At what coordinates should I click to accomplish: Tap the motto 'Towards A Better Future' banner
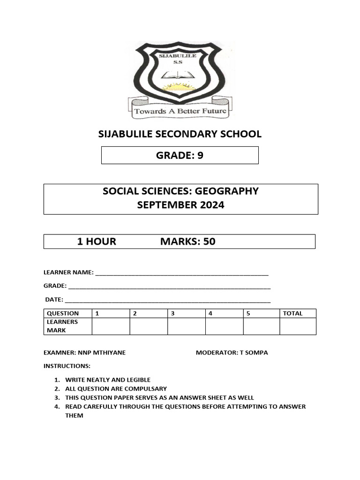pyautogui.click(x=180, y=111)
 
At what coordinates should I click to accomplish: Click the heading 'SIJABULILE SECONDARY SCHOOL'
pyautogui.click(x=180, y=134)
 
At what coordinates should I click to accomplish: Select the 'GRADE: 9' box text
pyautogui.click(x=180, y=155)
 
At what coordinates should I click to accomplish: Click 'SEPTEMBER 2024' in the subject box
pyautogui.click(x=180, y=205)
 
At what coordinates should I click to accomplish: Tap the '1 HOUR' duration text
pyautogui.click(x=97, y=241)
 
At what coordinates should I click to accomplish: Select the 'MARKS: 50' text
pyautogui.click(x=188, y=241)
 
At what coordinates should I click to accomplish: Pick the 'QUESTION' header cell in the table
pyautogui.click(x=63, y=313)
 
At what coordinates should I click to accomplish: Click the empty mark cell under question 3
pyautogui.click(x=186, y=326)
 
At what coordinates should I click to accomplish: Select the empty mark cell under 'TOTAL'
pyautogui.click(x=298, y=326)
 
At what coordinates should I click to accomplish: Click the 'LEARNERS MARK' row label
pyautogui.click(x=62, y=326)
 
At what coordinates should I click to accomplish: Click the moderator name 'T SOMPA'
pyautogui.click(x=254, y=352)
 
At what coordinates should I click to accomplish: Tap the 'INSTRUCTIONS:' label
pyautogui.click(x=67, y=366)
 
